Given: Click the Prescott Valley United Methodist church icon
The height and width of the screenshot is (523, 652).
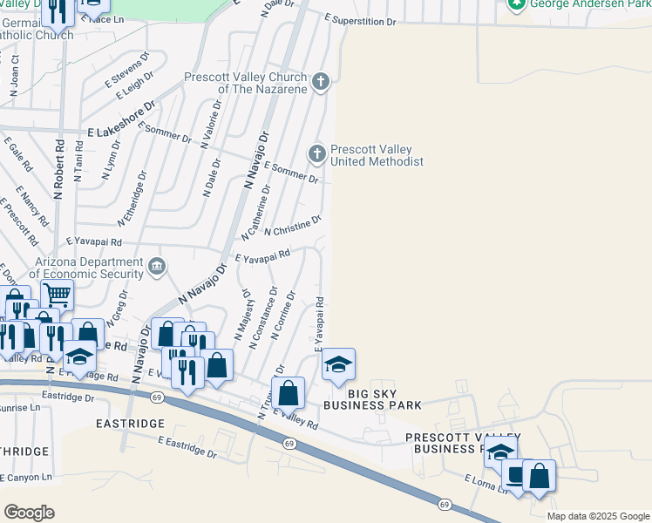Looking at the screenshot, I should [x=317, y=154].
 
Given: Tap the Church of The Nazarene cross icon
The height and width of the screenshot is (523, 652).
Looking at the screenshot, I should [x=321, y=83].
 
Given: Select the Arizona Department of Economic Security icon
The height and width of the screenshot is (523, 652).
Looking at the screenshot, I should [x=157, y=267].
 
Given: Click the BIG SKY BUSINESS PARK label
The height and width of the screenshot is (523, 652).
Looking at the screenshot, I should [x=372, y=404].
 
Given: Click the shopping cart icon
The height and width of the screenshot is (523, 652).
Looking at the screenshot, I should [x=57, y=295].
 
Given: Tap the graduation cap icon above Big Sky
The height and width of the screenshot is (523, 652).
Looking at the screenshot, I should [x=338, y=364].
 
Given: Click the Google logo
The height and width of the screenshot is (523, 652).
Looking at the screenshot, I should [x=29, y=512].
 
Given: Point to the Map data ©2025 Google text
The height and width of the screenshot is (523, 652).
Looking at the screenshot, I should [x=597, y=516].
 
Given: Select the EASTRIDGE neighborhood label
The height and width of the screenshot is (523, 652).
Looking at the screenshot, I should [x=131, y=423].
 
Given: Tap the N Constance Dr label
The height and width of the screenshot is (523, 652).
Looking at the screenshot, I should [x=262, y=319].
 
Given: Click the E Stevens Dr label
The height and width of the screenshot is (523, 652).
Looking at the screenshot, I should [x=128, y=71].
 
